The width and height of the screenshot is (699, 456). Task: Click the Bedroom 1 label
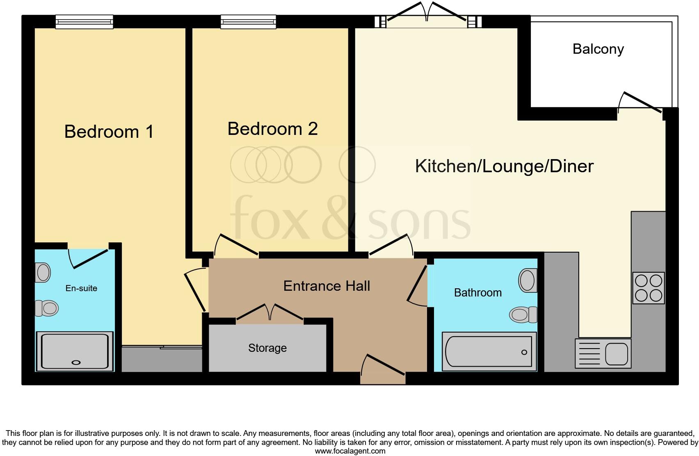(109, 132)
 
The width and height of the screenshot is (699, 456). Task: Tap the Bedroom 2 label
(272, 129)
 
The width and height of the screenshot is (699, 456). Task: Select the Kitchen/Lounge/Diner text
(504, 166)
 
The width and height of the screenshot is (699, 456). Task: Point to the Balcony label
(598, 49)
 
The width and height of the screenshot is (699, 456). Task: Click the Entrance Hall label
(327, 286)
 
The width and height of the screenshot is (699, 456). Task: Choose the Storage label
(267, 348)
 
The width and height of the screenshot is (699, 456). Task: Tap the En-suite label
(81, 288)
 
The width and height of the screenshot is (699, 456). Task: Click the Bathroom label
(477, 293)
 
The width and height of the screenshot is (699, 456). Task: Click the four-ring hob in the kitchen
(648, 288)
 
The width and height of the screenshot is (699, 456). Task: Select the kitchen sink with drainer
(603, 353)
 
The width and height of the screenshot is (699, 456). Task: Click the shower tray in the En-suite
(75, 351)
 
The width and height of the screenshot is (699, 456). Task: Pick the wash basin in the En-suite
(43, 273)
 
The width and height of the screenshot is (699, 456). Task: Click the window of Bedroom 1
(84, 22)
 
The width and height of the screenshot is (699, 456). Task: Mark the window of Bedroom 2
(248, 22)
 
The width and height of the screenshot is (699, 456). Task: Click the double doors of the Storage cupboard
(270, 314)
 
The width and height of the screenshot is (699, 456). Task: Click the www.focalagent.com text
(350, 451)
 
